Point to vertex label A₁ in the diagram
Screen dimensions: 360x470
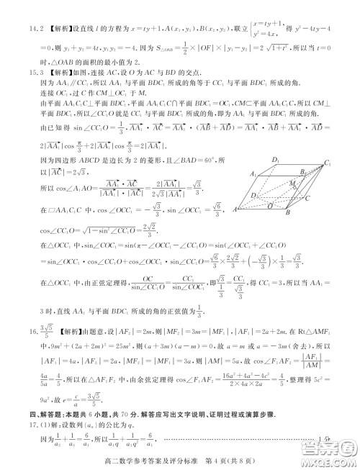click(x=254, y=175)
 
